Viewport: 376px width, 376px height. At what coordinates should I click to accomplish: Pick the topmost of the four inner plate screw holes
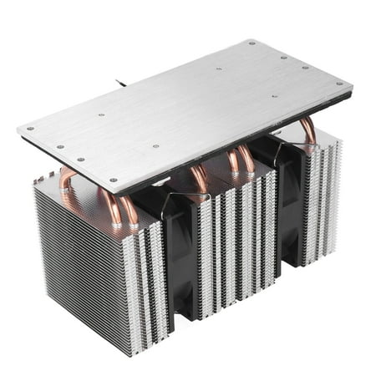[219, 69]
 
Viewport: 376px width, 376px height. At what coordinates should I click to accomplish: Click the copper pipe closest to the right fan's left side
[247, 159]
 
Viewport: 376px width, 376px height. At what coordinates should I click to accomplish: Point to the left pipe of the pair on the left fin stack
[109, 205]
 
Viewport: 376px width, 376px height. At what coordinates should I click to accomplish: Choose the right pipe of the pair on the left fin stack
[130, 209]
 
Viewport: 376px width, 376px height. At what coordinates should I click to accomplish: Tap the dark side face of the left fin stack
[79, 259]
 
